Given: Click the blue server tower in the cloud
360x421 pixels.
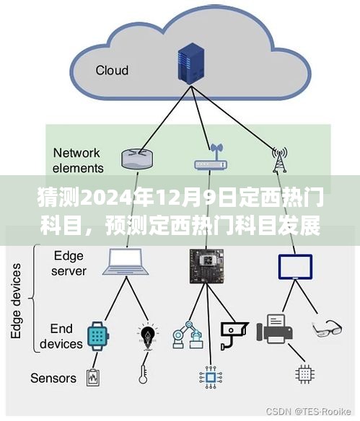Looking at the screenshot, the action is click(190, 63).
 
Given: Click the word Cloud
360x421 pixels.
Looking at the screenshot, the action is click(112, 71).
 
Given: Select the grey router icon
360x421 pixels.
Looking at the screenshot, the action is click(137, 159).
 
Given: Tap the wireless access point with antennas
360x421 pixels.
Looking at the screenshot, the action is click(211, 158).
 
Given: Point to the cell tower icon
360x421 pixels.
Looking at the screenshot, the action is click(280, 159).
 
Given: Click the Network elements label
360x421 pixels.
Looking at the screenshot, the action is click(78, 161).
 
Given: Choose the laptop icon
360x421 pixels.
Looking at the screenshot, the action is click(126, 262).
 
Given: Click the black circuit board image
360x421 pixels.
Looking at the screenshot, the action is click(206, 266).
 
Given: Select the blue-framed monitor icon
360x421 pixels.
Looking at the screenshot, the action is click(295, 267).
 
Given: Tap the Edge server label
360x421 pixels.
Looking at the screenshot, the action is click(69, 263).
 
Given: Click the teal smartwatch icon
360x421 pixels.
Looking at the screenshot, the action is click(98, 336).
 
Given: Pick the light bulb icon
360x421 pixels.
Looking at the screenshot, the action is click(147, 337).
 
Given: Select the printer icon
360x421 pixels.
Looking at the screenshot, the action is click(275, 329).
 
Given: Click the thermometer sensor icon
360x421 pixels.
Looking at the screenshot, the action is click(143, 374).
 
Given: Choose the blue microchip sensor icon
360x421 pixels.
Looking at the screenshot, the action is click(211, 377).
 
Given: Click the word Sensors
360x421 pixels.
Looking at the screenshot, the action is click(53, 378).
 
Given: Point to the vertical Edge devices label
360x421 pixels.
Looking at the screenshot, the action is click(16, 301).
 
